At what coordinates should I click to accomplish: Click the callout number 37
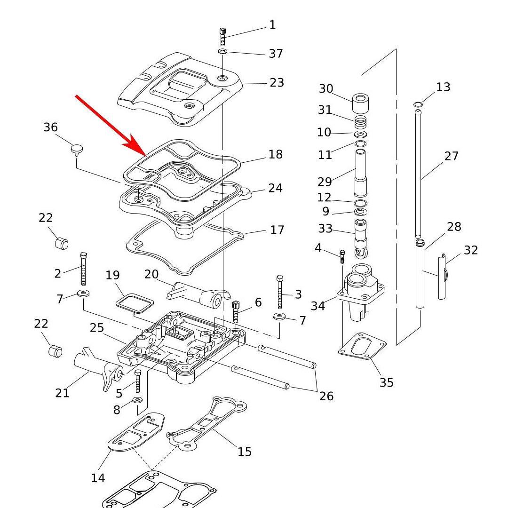276,54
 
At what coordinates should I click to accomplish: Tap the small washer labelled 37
223,50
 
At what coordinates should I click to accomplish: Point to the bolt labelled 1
223,37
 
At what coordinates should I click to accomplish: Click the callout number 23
277,83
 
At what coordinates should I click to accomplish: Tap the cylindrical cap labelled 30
361,101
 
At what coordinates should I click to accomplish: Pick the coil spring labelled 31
361,123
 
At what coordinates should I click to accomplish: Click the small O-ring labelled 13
418,104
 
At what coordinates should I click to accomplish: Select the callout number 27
451,156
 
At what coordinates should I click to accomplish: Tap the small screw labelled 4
342,256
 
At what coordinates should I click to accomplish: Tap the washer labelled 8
138,400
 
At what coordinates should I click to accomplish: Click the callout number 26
326,396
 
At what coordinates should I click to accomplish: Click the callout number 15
245,452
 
